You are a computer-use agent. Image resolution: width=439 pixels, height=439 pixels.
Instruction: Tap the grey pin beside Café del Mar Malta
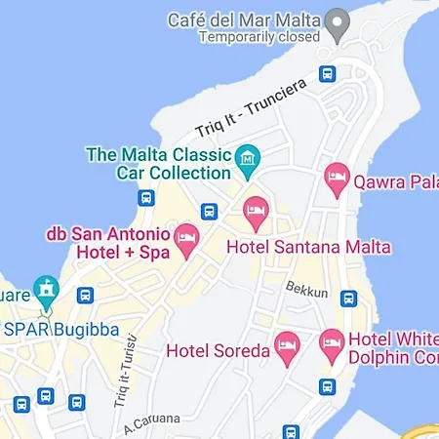339,23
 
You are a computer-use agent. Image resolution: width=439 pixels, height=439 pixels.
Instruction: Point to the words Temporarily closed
259,37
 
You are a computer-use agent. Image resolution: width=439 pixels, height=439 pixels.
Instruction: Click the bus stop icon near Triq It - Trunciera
327,73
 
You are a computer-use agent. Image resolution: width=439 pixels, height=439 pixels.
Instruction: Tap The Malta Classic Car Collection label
159,163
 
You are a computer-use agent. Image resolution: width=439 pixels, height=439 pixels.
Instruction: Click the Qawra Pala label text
395,180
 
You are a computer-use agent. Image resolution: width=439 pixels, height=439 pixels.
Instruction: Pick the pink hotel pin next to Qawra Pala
337,178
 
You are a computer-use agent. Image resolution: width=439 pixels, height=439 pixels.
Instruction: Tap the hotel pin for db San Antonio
186,237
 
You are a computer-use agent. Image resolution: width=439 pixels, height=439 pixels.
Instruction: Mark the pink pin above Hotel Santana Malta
256,209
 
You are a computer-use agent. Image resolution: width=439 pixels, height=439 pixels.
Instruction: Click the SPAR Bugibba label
60,330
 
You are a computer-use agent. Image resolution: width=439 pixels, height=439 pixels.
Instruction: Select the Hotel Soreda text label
218,349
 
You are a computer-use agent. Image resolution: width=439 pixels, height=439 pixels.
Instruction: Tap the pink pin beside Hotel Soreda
287,346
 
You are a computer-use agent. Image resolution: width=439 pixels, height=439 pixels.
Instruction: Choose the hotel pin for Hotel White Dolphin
332,341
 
